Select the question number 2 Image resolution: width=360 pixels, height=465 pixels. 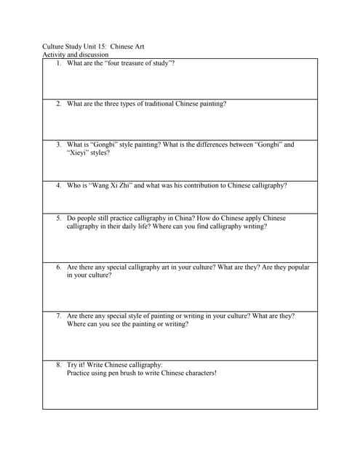58,104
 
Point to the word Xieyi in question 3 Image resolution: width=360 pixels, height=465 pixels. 78,153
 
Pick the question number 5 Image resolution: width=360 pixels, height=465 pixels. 58,218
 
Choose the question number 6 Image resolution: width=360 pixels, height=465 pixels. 58,267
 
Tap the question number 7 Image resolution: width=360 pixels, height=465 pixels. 58,317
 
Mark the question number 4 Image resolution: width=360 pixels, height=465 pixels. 58,185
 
